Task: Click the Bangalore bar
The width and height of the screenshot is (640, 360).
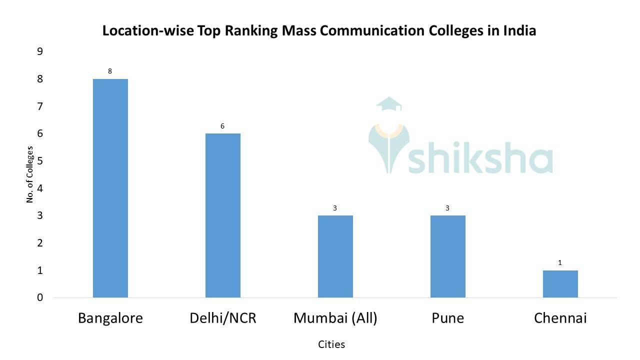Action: (x=110, y=188)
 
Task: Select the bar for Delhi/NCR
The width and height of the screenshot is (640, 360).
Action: (x=222, y=215)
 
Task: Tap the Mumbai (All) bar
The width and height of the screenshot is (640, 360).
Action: (x=335, y=256)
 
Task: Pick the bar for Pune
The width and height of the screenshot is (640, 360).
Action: (x=447, y=256)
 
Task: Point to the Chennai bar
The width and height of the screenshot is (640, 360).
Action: (x=560, y=284)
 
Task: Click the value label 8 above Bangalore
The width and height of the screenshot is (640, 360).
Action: (x=110, y=71)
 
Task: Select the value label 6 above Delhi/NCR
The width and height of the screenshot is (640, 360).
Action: (x=222, y=126)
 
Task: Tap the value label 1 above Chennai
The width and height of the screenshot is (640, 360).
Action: (x=560, y=262)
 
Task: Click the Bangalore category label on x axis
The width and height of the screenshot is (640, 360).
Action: (x=110, y=318)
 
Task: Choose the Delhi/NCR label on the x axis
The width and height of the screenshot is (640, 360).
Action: (x=222, y=318)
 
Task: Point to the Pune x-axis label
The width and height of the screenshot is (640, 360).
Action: (x=447, y=318)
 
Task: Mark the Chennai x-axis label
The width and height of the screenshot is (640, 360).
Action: (x=560, y=318)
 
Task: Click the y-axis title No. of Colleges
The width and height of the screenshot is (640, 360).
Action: (x=30, y=174)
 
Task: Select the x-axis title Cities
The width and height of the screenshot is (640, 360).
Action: (x=331, y=344)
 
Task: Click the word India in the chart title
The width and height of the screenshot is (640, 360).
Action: (x=519, y=30)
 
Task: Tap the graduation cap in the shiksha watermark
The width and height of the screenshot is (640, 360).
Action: (x=389, y=104)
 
